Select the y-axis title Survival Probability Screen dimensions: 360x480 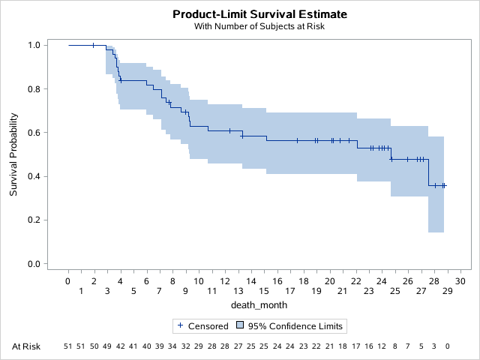click(13, 154)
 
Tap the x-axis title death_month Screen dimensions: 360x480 click(259, 304)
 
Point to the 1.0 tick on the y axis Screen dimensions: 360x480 click(34, 45)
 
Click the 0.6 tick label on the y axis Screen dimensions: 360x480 click(34, 133)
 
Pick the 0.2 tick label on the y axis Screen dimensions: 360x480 click(34, 220)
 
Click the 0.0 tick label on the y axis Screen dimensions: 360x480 click(34, 264)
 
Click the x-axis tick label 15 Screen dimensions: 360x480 click(264, 291)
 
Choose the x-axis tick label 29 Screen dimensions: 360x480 click(447, 291)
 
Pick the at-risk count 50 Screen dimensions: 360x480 click(94, 346)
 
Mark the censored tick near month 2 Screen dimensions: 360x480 click(93, 45)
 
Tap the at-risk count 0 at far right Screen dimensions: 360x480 click(447, 346)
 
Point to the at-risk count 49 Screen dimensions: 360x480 click(107, 346)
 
